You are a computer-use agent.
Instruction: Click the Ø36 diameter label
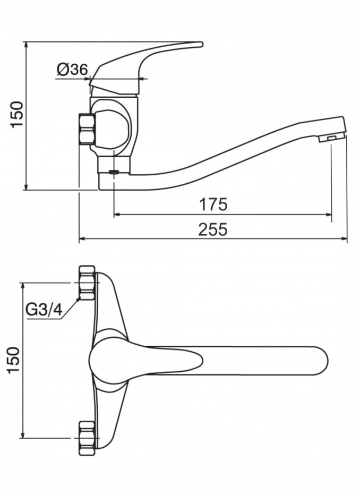(72, 69)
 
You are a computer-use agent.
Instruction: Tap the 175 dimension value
(213, 204)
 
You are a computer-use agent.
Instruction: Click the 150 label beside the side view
(17, 114)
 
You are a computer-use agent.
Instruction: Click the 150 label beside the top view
(14, 360)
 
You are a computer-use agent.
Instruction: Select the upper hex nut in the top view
(87, 283)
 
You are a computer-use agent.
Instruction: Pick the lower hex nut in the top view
(87, 438)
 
